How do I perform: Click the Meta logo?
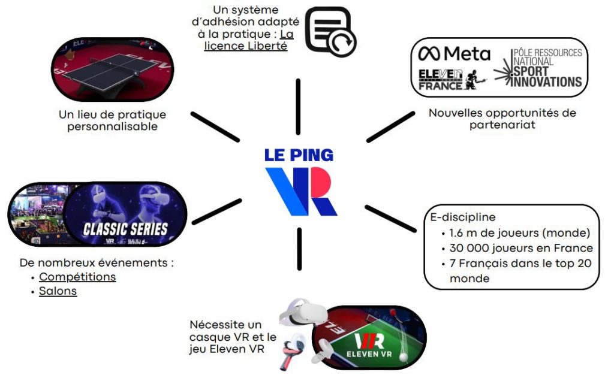[x=454, y=54]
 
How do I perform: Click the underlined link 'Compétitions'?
[x=77, y=277]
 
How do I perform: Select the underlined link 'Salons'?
[x=58, y=291]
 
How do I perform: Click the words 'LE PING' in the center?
[x=299, y=155]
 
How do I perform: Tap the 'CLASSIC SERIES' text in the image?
[x=125, y=228]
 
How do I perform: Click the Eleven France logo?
[x=448, y=79]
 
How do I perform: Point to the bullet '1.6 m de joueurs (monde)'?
[x=519, y=232]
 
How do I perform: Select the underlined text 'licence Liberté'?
[x=246, y=46]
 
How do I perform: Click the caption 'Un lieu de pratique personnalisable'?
[x=113, y=120]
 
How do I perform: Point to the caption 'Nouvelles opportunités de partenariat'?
[x=502, y=119]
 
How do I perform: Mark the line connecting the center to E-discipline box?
[x=390, y=218]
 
